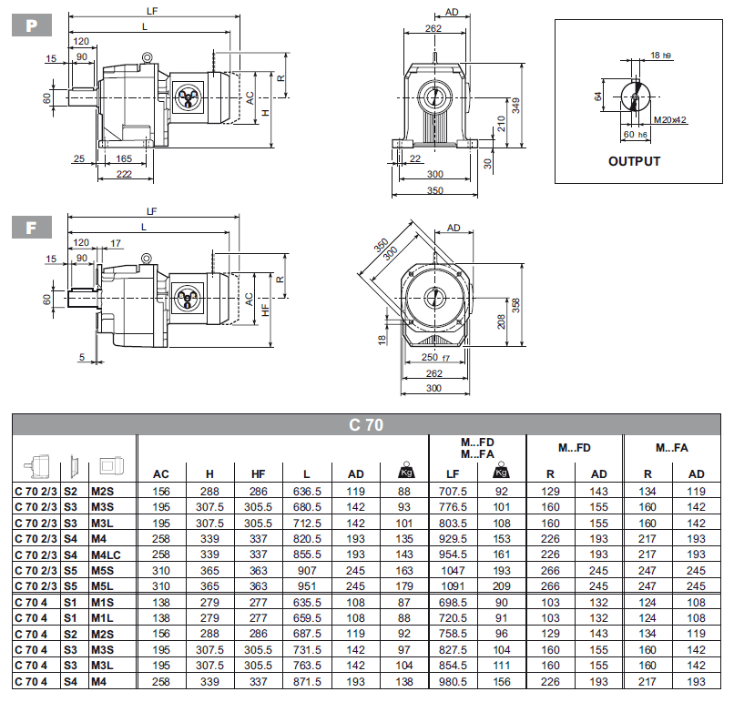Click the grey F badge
point(31,227)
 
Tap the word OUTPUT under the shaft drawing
point(634,161)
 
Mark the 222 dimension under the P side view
point(124,174)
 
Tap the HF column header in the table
point(258,474)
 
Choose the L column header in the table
point(307,474)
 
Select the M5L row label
point(101,585)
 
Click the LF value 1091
point(453,585)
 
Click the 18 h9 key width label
point(661,56)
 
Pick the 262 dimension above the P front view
point(433,29)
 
